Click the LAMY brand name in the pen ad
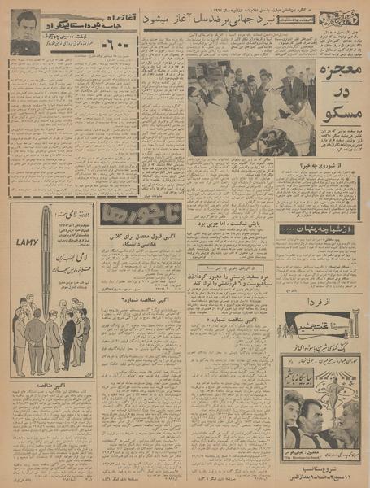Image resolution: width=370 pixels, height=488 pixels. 23,242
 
